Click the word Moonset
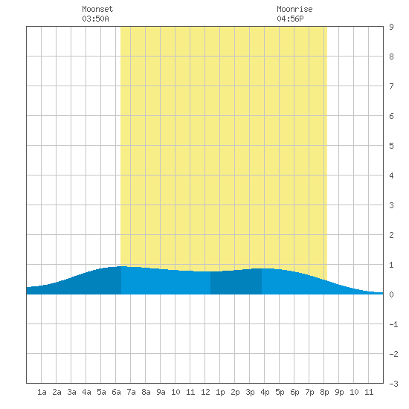97,9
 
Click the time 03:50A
95,19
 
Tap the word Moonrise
294,9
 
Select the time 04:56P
290,19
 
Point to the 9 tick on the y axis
391,27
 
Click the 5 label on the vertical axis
391,146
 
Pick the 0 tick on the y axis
391,294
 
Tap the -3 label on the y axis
393,384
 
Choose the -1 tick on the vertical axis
393,324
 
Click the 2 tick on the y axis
391,235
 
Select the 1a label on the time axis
42,392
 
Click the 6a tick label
116,392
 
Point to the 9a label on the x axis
161,392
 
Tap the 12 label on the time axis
205,392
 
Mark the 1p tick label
220,392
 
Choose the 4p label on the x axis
265,392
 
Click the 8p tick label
324,392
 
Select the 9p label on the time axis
339,392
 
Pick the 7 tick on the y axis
391,86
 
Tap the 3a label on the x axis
71,392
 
